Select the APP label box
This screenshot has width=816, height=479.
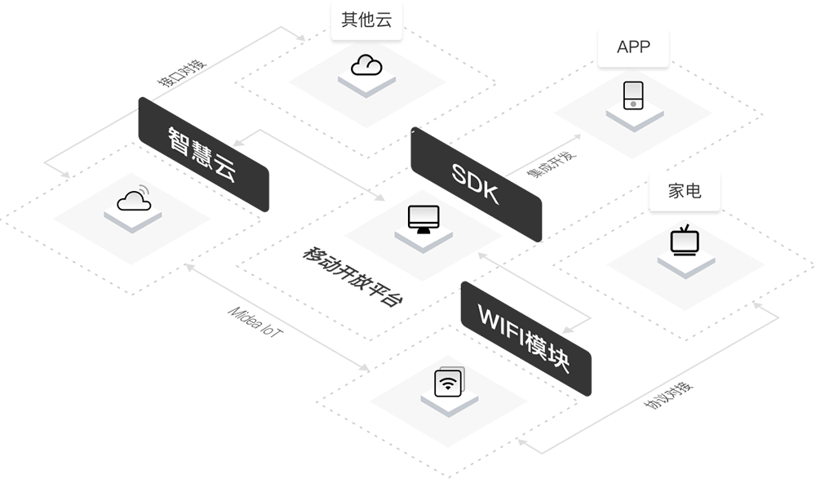[633, 47]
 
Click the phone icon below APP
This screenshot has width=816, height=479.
[633, 95]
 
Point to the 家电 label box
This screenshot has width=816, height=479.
[685, 193]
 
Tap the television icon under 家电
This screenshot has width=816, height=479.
[684, 242]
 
